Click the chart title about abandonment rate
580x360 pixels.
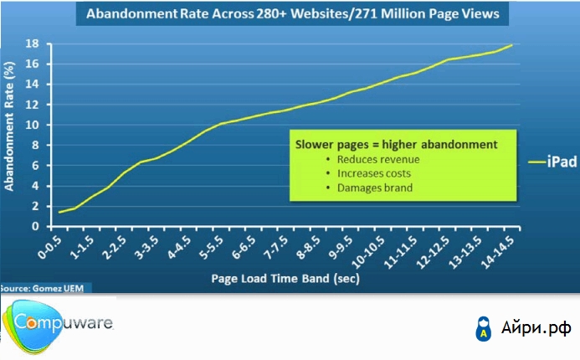point(289,14)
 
